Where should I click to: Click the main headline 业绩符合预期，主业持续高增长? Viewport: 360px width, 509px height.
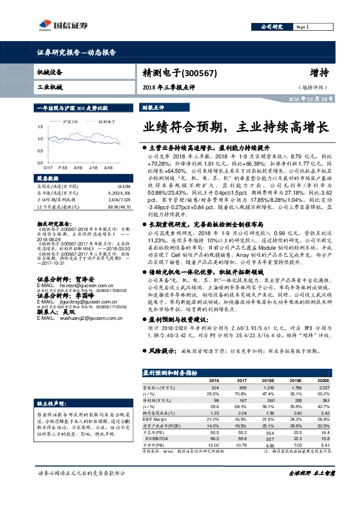point(235,128)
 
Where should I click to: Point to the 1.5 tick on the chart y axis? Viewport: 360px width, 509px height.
point(41,126)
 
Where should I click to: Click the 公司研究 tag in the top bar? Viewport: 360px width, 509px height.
point(272,27)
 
